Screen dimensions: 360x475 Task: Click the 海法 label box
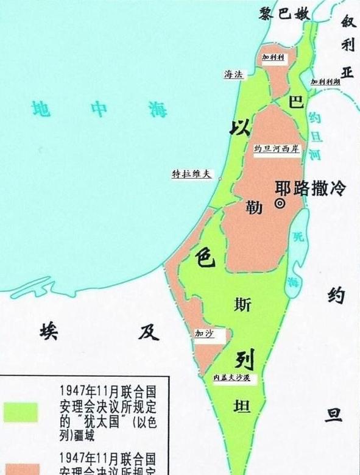(233, 74)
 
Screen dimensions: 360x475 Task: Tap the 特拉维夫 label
(191, 174)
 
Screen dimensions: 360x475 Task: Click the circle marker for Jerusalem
(280, 204)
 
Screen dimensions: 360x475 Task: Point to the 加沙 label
(204, 334)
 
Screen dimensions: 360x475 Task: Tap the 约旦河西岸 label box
(274, 148)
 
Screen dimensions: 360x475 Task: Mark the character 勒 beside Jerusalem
(255, 207)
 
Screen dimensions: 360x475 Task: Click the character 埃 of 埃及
(49, 330)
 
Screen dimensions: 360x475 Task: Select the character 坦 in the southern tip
(247, 405)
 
